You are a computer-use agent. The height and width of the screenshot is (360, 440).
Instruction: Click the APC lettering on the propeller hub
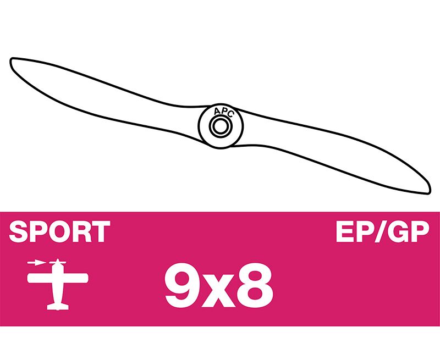pyautogui.click(x=224, y=112)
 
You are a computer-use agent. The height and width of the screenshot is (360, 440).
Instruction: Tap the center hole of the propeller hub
pyautogui.click(x=221, y=126)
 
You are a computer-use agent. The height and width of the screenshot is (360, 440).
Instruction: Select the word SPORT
pyautogui.click(x=59, y=231)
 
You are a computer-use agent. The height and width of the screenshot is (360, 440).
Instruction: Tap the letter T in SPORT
pyautogui.click(x=101, y=231)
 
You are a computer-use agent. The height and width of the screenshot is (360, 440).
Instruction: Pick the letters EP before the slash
pyautogui.click(x=355, y=231)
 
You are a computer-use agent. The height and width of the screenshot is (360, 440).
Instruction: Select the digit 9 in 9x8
pyautogui.click(x=181, y=285)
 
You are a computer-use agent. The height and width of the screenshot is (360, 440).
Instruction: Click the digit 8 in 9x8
pyautogui.click(x=254, y=285)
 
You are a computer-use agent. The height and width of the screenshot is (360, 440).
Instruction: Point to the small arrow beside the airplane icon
pyautogui.click(x=36, y=263)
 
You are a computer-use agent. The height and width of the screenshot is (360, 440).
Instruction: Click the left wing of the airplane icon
pyautogui.click(x=39, y=278)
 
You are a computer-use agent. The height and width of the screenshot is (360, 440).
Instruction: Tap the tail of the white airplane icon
pyautogui.click(x=58, y=306)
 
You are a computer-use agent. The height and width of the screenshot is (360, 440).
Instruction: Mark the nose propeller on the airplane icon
pyautogui.click(x=58, y=262)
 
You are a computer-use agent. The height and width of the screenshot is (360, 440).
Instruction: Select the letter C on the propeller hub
pyautogui.click(x=230, y=114)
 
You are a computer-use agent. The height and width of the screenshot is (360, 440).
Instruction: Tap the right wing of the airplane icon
pyautogui.click(x=75, y=278)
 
